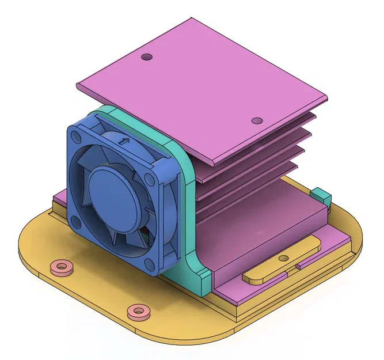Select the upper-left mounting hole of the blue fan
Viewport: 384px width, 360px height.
77,137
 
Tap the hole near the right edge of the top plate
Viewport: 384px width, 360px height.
257,121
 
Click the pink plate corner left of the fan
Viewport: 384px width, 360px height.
58,199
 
